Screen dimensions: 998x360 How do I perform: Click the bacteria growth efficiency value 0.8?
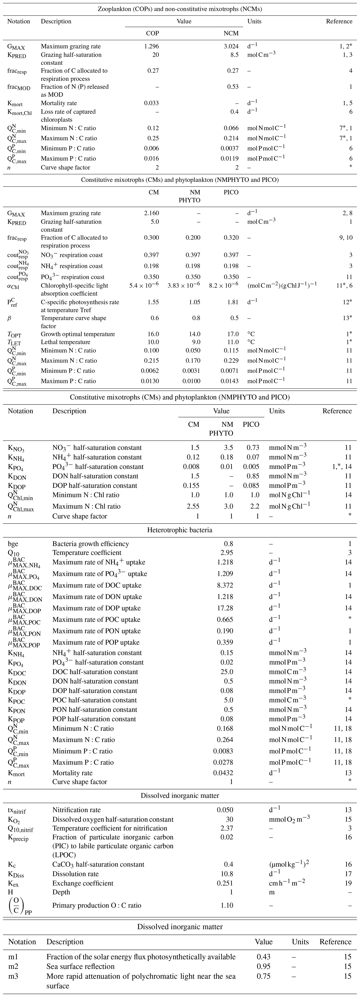click(229, 544)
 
